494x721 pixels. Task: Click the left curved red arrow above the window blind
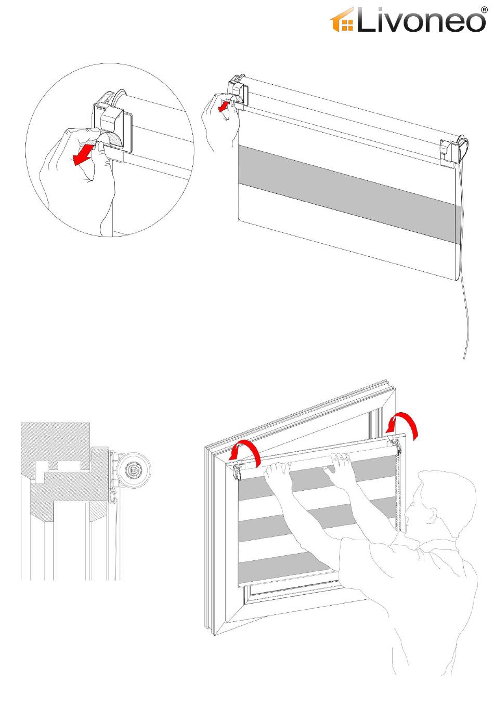point(246,451)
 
